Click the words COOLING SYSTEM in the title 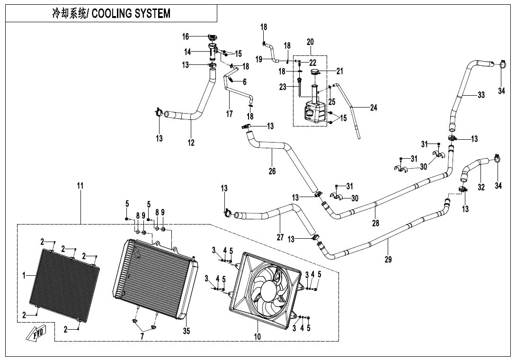pyautogui.click(x=131, y=14)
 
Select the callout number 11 pyautogui.click(x=80, y=186)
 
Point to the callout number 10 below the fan pyautogui.click(x=258, y=337)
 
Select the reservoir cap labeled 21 pyautogui.click(x=315, y=72)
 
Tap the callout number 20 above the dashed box pyautogui.click(x=310, y=42)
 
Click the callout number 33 pyautogui.click(x=481, y=95)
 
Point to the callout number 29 pyautogui.click(x=388, y=259)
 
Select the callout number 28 pyautogui.click(x=375, y=223)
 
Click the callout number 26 pyautogui.click(x=272, y=171)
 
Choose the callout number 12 pyautogui.click(x=191, y=143)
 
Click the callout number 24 pyautogui.click(x=374, y=108)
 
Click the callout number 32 pyautogui.click(x=481, y=187)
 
